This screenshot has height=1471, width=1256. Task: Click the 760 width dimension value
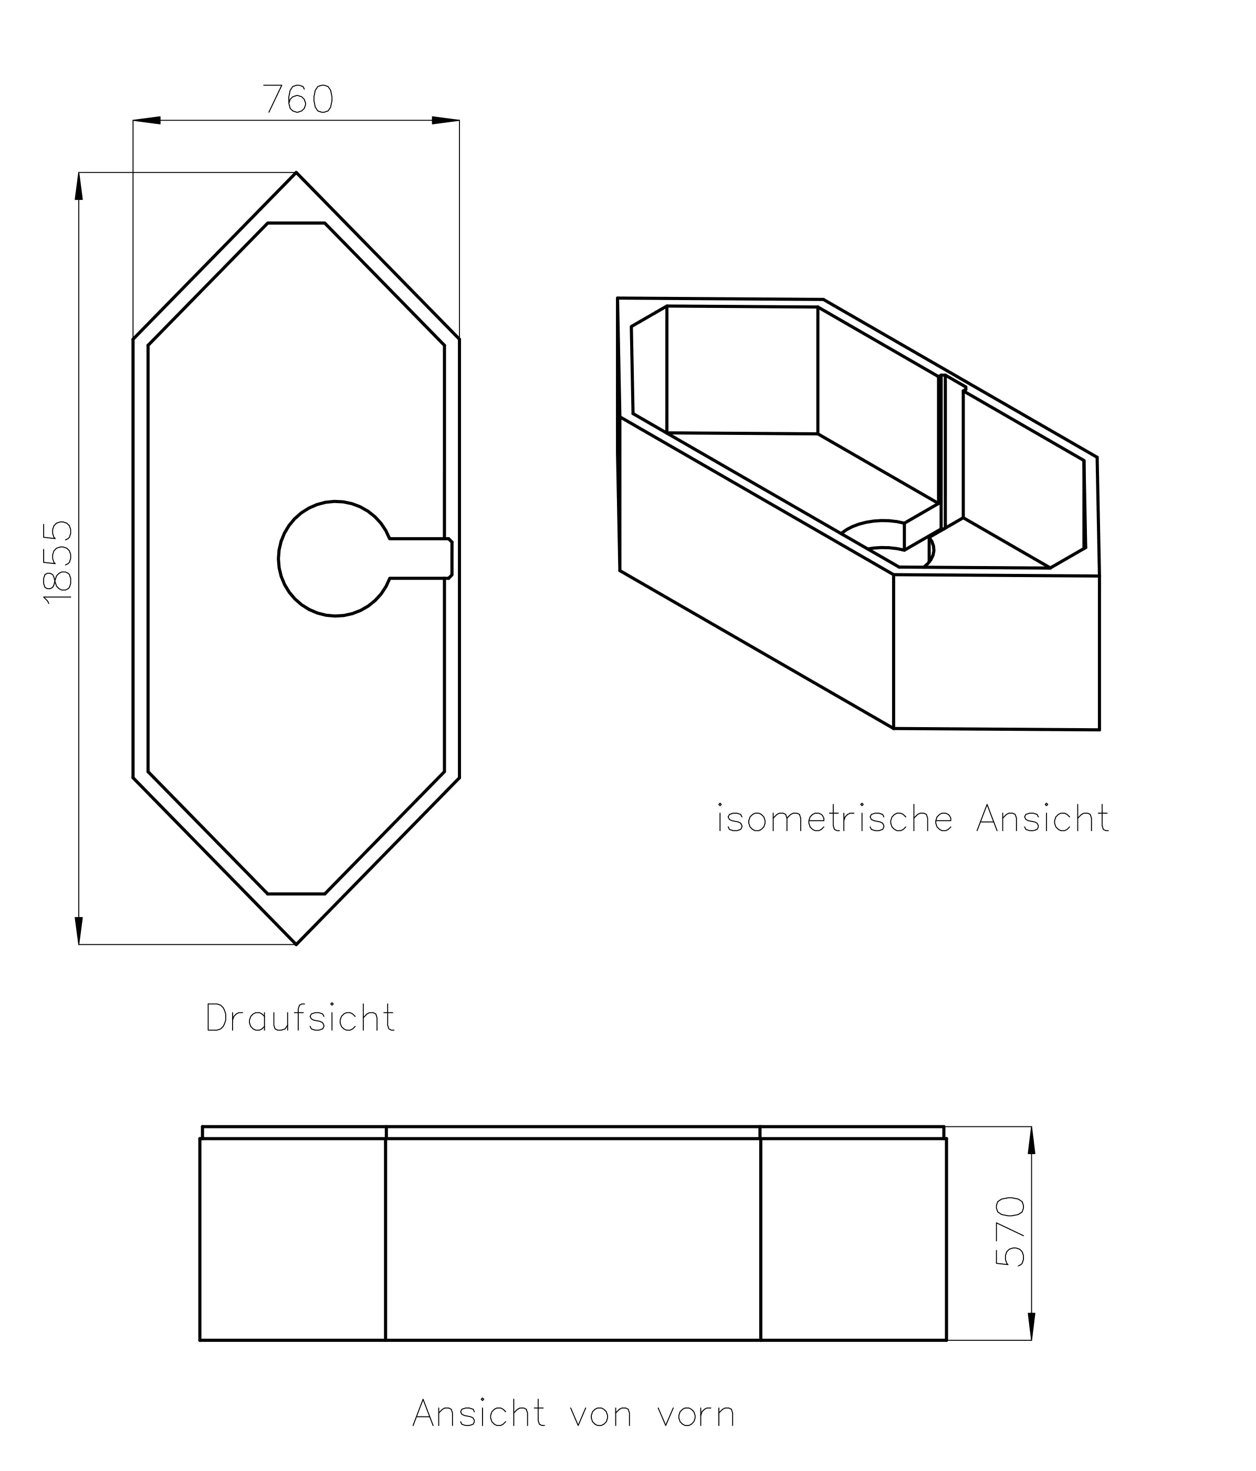pyautogui.click(x=298, y=99)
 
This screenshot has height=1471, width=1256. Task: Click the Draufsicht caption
pyautogui.click(x=300, y=1019)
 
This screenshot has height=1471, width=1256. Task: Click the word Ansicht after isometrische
pyautogui.click(x=1042, y=819)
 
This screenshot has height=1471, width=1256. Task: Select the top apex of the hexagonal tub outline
pyautogui.click(x=296, y=173)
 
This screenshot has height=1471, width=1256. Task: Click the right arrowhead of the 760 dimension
pyautogui.click(x=446, y=121)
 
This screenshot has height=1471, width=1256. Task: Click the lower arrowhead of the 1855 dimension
pyautogui.click(x=79, y=931)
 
